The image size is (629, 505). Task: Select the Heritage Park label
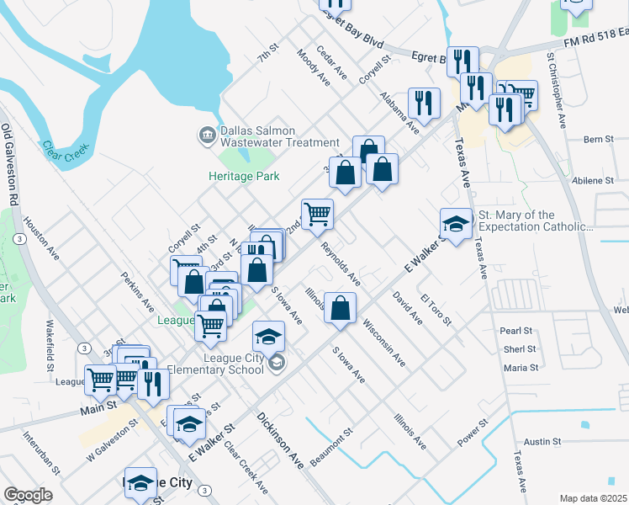[244, 176]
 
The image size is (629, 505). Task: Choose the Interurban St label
[41, 452]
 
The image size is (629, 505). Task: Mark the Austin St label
[542, 441]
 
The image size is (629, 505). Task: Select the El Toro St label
[436, 310]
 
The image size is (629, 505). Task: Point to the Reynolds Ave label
[341, 263]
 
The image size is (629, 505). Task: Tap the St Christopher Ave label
[557, 93]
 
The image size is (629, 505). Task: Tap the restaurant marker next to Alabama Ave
[424, 102]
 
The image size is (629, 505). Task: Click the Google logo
[28, 495]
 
